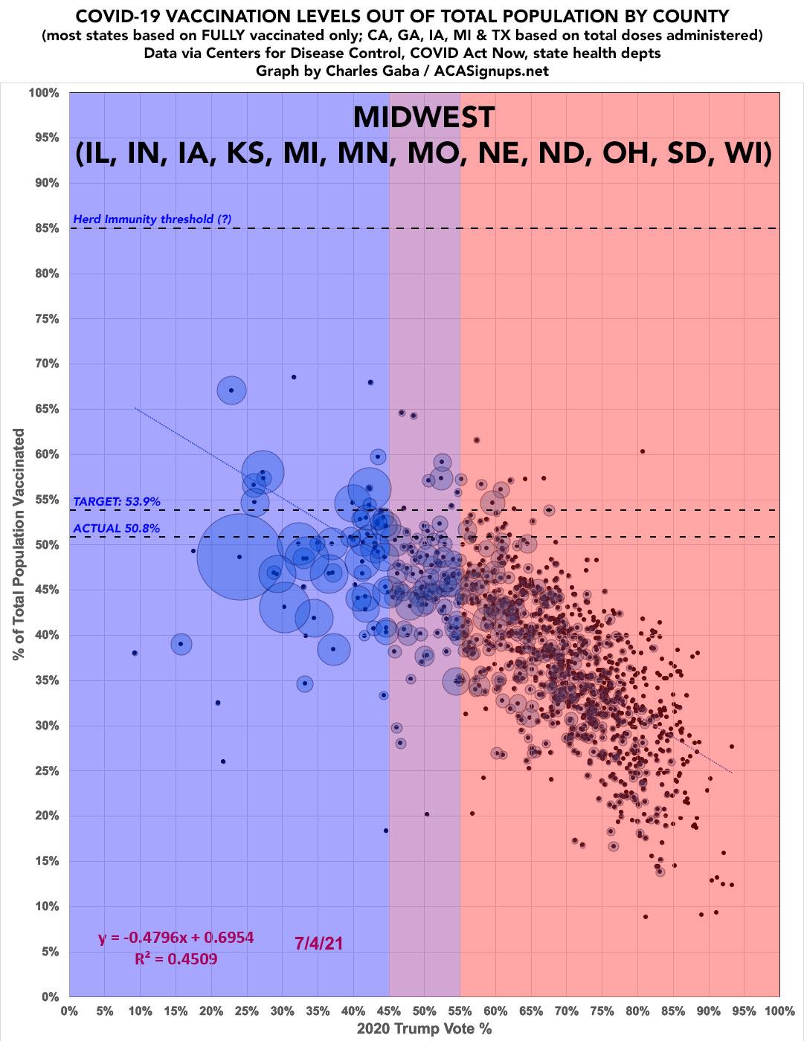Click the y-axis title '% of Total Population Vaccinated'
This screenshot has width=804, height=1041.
18,544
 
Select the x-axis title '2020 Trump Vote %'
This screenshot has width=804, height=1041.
424,1030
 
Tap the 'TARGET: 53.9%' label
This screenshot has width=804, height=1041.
117,502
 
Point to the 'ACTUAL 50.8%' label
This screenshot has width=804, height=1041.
117,529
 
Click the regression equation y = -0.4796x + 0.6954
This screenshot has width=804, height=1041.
176,938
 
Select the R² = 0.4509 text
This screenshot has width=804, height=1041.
176,958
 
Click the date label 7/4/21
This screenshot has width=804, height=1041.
319,943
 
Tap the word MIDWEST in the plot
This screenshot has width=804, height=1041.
423,117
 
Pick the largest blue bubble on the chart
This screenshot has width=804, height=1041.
239,557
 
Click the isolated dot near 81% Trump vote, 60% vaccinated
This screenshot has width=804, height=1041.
643,451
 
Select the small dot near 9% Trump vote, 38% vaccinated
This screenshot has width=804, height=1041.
135,653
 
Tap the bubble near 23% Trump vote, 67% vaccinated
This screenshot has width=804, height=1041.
231,390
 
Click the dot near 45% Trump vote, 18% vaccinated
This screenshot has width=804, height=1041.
386,831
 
